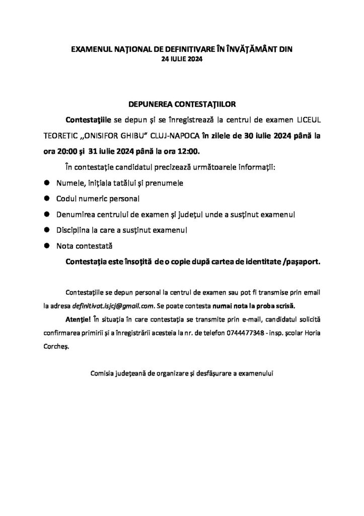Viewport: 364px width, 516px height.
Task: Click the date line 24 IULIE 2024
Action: (x=182, y=59)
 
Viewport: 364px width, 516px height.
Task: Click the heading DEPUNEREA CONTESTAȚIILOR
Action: (x=182, y=105)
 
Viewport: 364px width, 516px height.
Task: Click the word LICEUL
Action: (x=304, y=122)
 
